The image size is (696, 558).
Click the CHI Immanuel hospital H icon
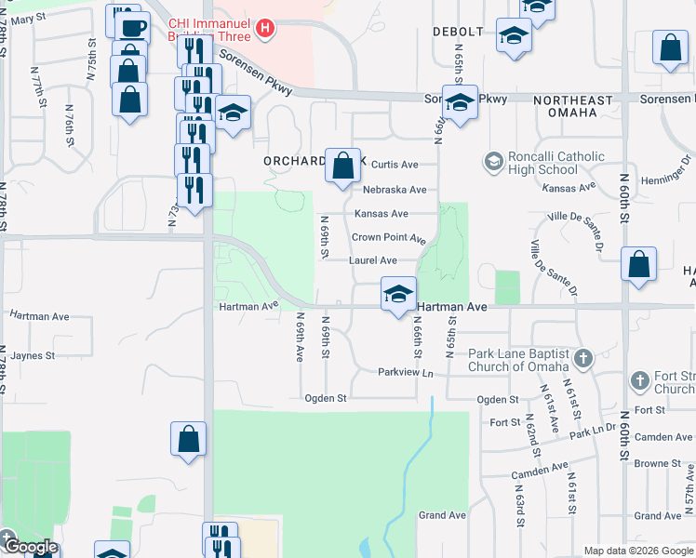coord(266,29)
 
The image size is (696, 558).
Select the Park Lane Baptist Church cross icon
coord(583,358)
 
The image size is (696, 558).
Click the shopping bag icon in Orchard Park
coord(342,166)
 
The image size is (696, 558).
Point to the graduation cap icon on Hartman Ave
coord(397,296)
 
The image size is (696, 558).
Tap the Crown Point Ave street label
coord(388,238)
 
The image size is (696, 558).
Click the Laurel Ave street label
coord(373,261)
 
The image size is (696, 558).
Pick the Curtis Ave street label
coord(395,165)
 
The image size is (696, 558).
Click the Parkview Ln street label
coord(406,373)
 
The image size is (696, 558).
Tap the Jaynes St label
coord(35,354)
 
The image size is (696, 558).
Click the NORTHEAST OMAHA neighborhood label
coord(572,106)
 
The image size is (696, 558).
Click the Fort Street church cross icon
coord(639,380)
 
